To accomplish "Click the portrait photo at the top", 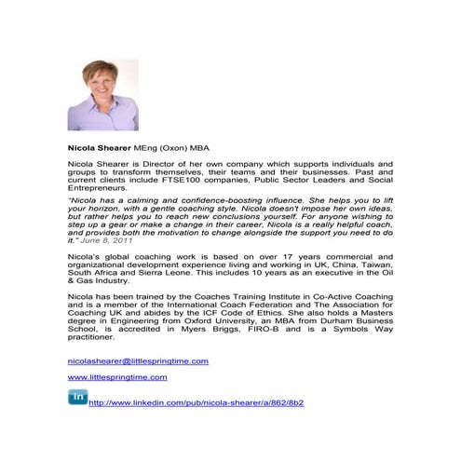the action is [x=98, y=95].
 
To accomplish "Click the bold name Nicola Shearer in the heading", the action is [x=101, y=146].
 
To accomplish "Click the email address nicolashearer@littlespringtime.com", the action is [x=138, y=360].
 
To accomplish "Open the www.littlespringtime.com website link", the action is [x=117, y=377].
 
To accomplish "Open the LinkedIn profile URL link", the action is [x=196, y=402].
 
